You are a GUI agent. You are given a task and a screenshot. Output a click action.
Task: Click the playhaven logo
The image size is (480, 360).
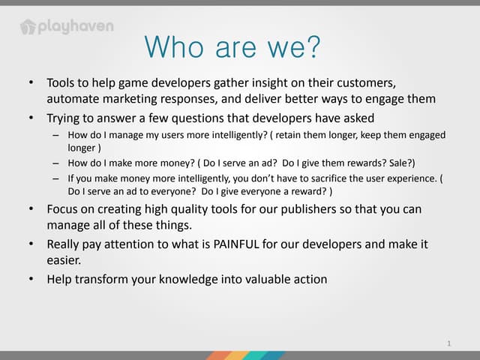coord(67,27)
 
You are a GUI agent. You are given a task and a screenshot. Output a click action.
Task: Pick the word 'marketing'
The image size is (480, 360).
coord(133,99)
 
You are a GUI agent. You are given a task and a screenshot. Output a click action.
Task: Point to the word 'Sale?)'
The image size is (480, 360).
coord(399,163)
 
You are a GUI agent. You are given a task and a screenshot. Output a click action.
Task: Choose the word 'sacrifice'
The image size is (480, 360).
coord(331,178)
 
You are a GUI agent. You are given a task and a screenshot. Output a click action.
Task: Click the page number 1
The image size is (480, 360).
coord(448,343)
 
